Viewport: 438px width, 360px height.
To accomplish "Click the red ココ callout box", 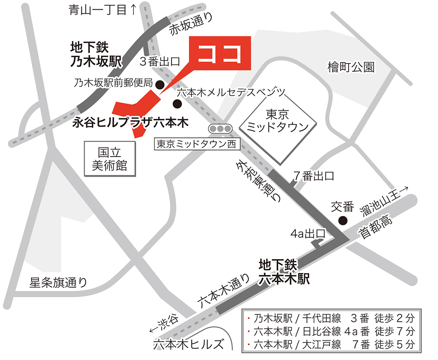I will click(219, 53).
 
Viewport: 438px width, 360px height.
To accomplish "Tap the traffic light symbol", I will click(220, 129).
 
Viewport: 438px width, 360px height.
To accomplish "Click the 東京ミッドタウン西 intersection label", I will click(196, 143).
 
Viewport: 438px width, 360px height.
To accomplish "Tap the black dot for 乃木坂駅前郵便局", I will click(160, 84).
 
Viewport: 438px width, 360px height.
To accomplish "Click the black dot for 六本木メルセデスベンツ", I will click(177, 104).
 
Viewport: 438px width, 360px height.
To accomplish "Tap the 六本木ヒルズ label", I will click(188, 344).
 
